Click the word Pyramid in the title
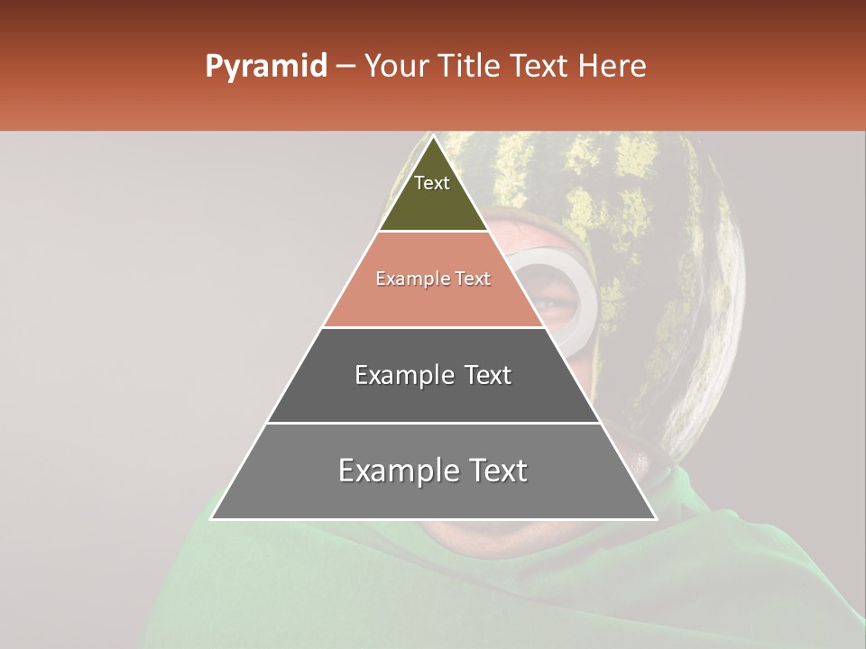(x=265, y=67)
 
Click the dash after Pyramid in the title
(x=345, y=67)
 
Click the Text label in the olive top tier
(x=432, y=183)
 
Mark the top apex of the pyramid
(x=433, y=137)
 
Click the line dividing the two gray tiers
(x=433, y=423)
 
